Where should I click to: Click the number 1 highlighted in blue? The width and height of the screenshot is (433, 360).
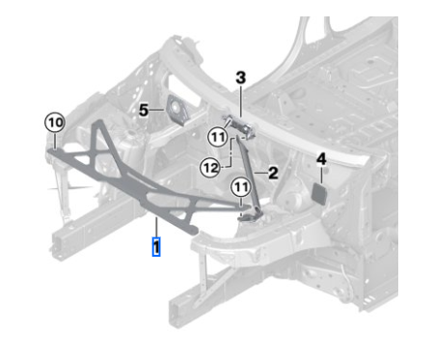pos(156,247)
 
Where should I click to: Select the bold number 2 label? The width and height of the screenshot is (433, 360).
pos(273,173)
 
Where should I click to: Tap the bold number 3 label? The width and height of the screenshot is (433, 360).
pos(241,78)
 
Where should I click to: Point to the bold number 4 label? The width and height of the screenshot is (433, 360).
pos(321,159)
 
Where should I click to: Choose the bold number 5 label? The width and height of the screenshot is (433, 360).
pos(144,110)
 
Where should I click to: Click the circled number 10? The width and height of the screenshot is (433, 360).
pos(55,123)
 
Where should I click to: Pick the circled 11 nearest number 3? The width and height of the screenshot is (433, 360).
pos(218,138)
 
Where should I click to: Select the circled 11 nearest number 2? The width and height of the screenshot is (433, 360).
pos(241,187)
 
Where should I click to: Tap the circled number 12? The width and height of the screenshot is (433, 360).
pos(211,168)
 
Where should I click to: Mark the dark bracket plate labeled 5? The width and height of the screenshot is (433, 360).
pos(177,110)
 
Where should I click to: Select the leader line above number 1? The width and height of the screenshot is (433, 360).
pos(156,227)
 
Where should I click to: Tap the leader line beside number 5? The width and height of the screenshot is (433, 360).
pos(157,110)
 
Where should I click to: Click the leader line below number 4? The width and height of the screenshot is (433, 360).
pos(321,175)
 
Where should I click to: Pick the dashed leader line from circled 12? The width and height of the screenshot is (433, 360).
pos(231,152)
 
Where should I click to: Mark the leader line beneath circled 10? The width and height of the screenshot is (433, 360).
pos(55,141)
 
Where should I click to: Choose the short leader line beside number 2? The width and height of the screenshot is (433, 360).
pos(260,173)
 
